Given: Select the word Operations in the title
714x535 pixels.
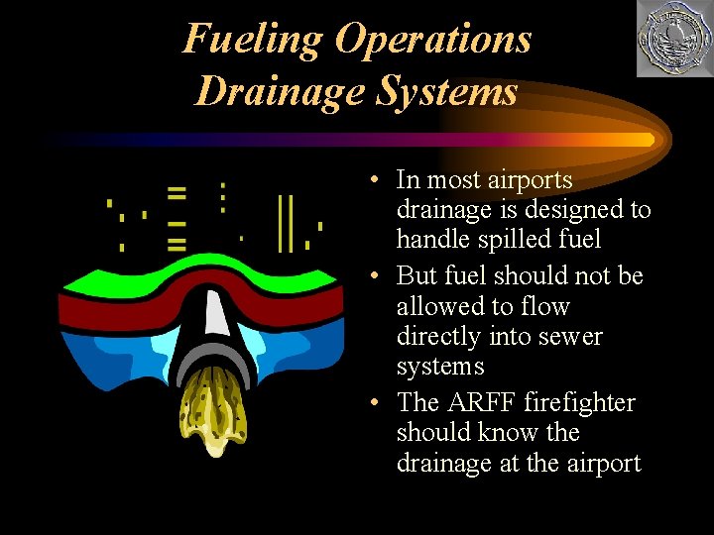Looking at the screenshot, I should [433, 40].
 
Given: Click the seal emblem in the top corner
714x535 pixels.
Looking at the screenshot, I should [673, 39].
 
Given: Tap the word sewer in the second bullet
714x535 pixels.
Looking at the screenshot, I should [569, 336].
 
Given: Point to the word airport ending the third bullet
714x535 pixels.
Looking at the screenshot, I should [597, 463].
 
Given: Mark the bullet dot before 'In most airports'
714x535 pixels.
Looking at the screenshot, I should [369, 181].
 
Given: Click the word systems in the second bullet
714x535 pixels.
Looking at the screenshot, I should [440, 366].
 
